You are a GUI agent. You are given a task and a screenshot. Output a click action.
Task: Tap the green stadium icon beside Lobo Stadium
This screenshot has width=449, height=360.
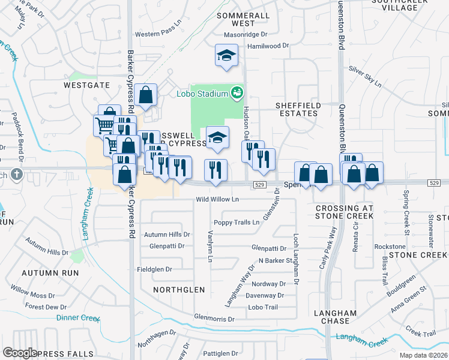(x=237, y=92)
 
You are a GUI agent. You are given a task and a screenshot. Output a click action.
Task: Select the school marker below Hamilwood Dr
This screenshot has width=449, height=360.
(x=226, y=56)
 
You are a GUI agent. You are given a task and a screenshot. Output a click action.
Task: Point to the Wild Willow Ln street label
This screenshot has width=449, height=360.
(x=218, y=199)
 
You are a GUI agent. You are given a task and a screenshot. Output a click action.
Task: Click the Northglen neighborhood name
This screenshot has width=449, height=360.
(x=179, y=290)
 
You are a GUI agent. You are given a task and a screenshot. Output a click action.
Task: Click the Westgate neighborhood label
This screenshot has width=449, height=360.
(x=87, y=86)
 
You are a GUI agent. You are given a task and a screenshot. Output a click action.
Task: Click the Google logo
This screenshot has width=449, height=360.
(x=20, y=353)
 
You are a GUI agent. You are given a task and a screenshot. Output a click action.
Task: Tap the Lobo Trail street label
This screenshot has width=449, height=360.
(x=263, y=307)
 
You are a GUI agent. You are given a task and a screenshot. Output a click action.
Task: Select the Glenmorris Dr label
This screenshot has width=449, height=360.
(x=214, y=319)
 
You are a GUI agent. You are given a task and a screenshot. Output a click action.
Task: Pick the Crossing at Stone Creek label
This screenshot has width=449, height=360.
(x=344, y=212)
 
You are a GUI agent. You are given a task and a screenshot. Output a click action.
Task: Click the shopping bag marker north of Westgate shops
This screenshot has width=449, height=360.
(x=146, y=95)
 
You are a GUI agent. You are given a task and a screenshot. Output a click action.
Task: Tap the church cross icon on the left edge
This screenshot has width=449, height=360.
(x=16, y=175)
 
